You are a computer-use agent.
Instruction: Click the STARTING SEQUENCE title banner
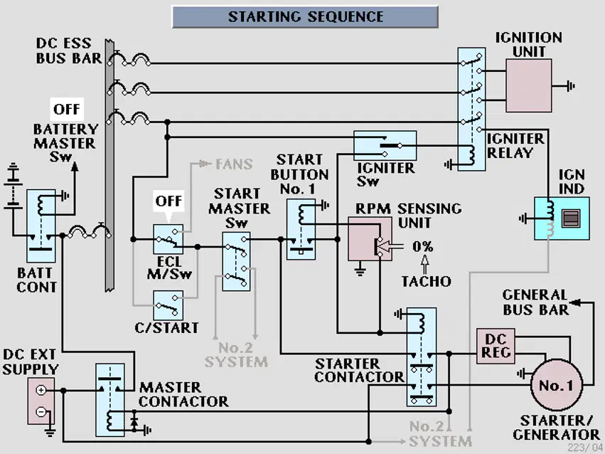[305, 16]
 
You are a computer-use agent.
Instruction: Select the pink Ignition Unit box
[529, 85]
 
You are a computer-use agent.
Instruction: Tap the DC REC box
[496, 346]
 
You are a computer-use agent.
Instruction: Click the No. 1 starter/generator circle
[557, 385]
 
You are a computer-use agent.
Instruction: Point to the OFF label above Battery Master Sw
[67, 110]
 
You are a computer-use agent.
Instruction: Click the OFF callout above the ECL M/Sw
[168, 201]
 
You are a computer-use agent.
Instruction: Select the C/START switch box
[168, 305]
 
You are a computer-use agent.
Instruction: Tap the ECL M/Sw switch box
[168, 239]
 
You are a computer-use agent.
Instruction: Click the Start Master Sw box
[236, 261]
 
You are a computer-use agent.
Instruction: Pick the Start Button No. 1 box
[301, 229]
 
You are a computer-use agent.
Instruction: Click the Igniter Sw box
[385, 146]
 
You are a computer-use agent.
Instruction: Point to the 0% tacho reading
[423, 246]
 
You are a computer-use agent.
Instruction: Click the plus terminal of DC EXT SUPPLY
[41, 390]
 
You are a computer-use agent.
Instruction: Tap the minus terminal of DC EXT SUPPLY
[41, 412]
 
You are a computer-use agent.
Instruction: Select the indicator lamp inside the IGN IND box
[571, 218]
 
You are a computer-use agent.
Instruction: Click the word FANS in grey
[234, 164]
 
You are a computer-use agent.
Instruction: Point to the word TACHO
[427, 281]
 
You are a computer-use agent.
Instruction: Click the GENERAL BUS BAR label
[535, 302]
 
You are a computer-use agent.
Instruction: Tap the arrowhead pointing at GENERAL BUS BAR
[575, 302]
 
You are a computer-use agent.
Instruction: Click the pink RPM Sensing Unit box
[370, 238]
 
